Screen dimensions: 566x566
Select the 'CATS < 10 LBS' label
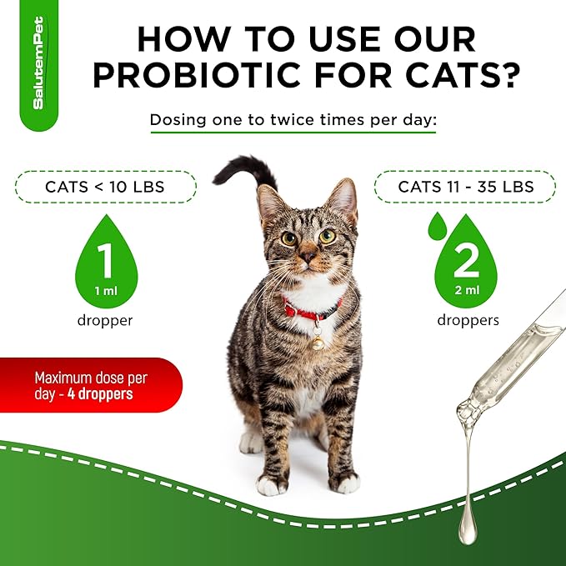pyautogui.click(x=104, y=187)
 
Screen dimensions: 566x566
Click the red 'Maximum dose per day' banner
pyautogui.click(x=88, y=384)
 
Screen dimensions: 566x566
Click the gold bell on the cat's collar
pyautogui.click(x=318, y=342)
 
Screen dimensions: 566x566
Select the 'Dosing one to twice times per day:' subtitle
pyautogui.click(x=293, y=120)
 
